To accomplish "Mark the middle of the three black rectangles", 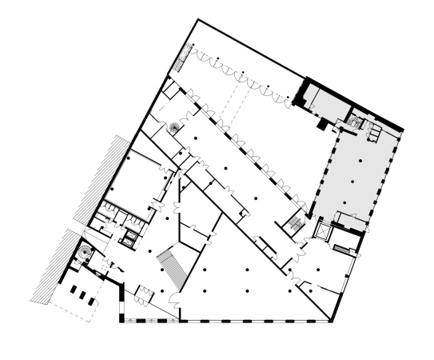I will pos(82,294).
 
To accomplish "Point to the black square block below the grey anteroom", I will pos(321,125).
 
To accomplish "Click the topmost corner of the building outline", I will pos(197,19).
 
